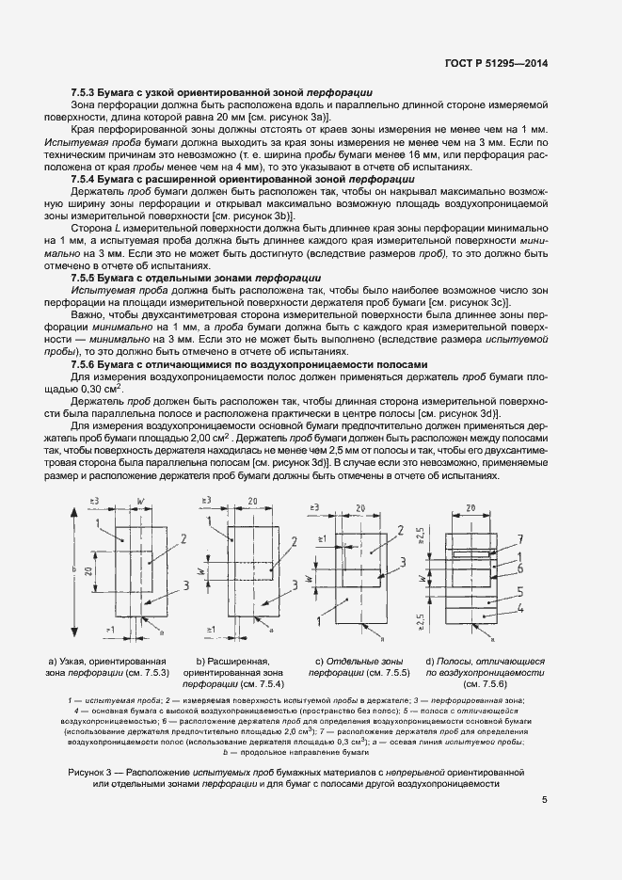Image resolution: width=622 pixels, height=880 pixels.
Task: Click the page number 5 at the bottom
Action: (545, 802)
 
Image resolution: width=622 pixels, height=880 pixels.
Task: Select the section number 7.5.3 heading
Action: (87, 93)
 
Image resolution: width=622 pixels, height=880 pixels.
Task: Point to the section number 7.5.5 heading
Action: (87, 279)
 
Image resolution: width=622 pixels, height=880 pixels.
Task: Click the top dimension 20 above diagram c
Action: (360, 507)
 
